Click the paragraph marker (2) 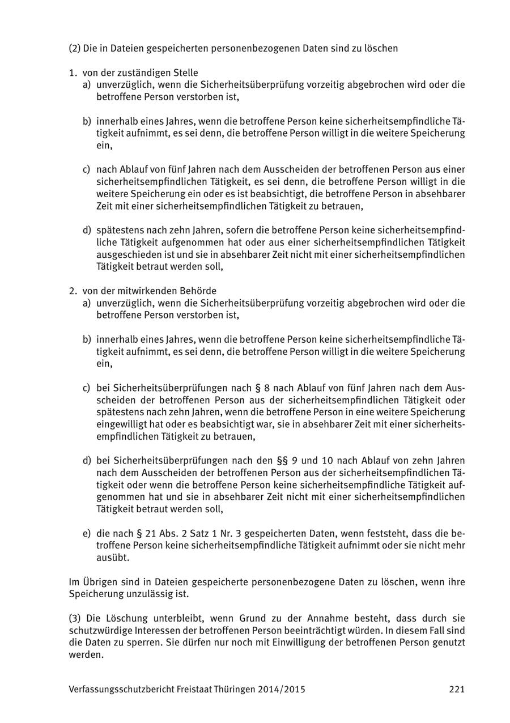click(x=74, y=48)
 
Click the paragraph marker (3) click(x=74, y=618)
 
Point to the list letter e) click(x=87, y=533)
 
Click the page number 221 click(x=457, y=689)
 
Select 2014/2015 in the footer click(x=282, y=689)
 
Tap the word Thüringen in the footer click(x=233, y=689)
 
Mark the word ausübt click(x=113, y=558)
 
